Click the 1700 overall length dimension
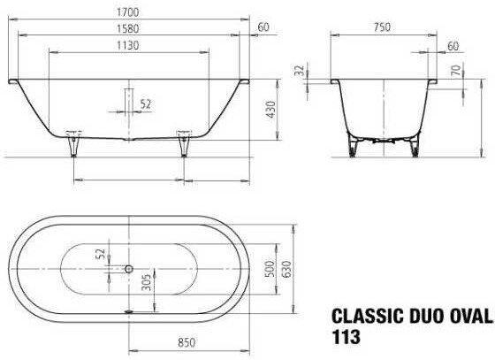click(x=128, y=12)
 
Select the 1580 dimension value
click(x=128, y=28)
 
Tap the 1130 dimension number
click(x=128, y=45)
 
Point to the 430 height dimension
click(x=270, y=110)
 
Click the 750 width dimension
click(x=382, y=27)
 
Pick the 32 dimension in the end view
click(x=299, y=71)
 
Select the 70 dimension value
click(x=456, y=70)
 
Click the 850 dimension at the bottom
click(x=187, y=342)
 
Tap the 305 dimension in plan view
click(x=146, y=282)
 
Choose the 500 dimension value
click(x=270, y=269)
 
